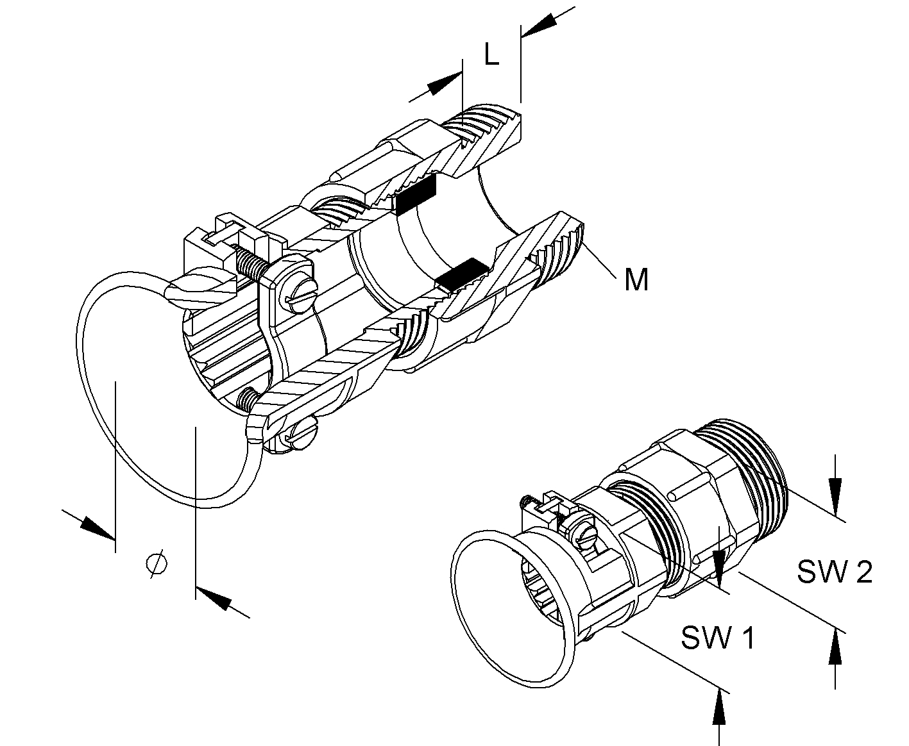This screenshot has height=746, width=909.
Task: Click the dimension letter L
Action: click(492, 54)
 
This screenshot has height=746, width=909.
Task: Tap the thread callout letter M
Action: click(636, 279)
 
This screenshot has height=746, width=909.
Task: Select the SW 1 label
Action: click(718, 638)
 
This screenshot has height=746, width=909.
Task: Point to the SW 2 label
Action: click(835, 572)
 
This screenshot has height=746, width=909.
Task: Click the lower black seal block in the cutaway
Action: click(461, 274)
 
